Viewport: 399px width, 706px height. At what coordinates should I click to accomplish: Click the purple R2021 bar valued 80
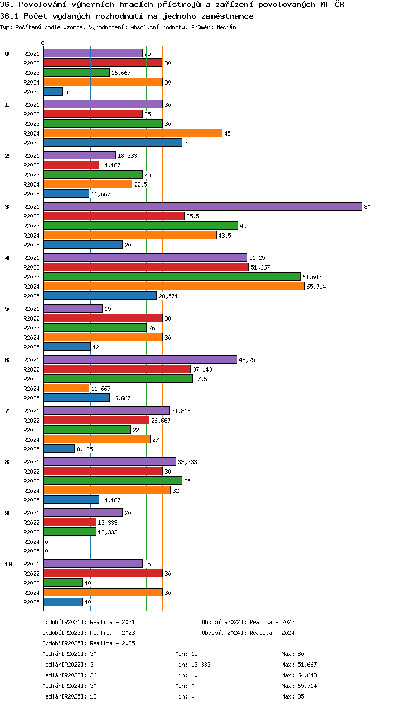pos(203,206)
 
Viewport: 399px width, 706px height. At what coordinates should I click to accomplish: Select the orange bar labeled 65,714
pos(174,286)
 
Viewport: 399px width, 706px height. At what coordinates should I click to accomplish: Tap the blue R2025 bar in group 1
pos(113,143)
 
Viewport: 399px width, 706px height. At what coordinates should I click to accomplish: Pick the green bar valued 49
pos(140,225)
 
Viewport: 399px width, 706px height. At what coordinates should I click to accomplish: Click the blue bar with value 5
pos(53,92)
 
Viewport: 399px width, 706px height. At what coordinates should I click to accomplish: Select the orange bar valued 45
pos(132,133)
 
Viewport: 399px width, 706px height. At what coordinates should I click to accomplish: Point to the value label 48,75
pos(247,360)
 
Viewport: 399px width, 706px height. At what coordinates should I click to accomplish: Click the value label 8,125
pos(85,449)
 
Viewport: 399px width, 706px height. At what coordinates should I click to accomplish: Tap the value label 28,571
pos(168,296)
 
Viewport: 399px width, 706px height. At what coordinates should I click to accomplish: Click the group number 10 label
pos(9,564)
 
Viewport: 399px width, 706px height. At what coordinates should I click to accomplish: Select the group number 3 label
pos(7,207)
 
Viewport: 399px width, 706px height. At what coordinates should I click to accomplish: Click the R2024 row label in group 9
pos(31,542)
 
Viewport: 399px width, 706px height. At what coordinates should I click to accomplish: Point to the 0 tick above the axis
pos(43,43)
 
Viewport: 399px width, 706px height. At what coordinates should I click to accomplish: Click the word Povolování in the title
pos(42,4)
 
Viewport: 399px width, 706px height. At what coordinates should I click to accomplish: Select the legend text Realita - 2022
pos(271,622)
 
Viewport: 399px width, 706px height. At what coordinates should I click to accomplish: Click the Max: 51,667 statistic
pos(299,665)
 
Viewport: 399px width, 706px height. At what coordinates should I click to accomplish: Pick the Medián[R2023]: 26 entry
pos(69,675)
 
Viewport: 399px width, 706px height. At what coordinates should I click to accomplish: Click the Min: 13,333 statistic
pos(193,665)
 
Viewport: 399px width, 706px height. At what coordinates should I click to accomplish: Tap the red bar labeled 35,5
pos(113,216)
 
